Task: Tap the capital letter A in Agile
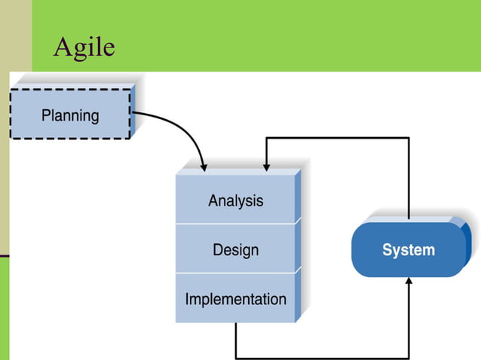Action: click(x=63, y=47)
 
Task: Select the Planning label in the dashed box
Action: click(x=70, y=115)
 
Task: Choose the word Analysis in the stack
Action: click(x=236, y=200)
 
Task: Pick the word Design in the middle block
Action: click(x=235, y=249)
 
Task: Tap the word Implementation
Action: click(x=235, y=298)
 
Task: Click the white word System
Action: click(x=408, y=250)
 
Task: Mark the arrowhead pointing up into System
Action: click(x=409, y=282)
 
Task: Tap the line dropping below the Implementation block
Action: click(x=236, y=340)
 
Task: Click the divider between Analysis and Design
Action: click(x=235, y=223)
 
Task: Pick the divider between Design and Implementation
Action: click(x=235, y=273)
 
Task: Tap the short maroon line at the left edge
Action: click(x=4, y=256)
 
